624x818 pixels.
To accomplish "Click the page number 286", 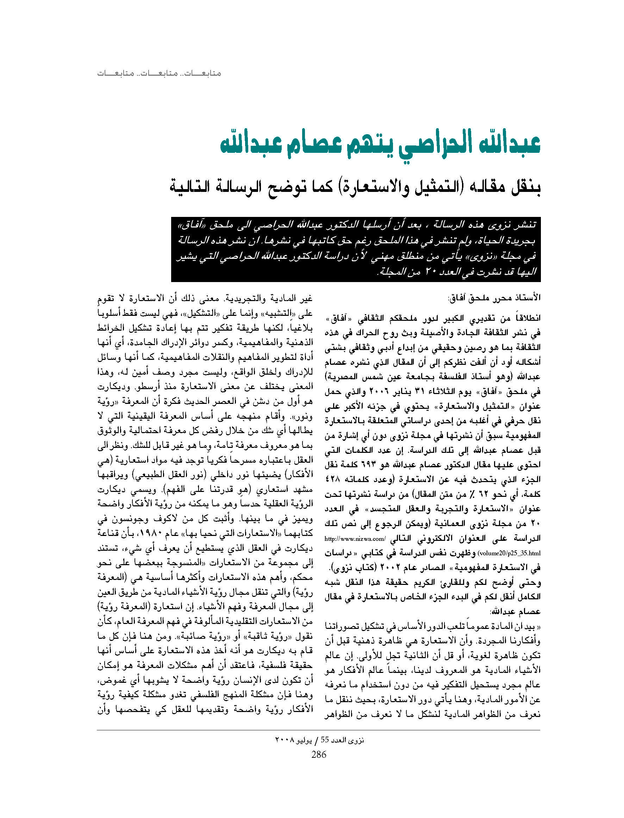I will (319, 754).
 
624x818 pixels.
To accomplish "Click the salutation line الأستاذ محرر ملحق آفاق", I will (494, 298).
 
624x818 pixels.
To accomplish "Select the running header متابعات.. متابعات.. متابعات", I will (159, 73).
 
